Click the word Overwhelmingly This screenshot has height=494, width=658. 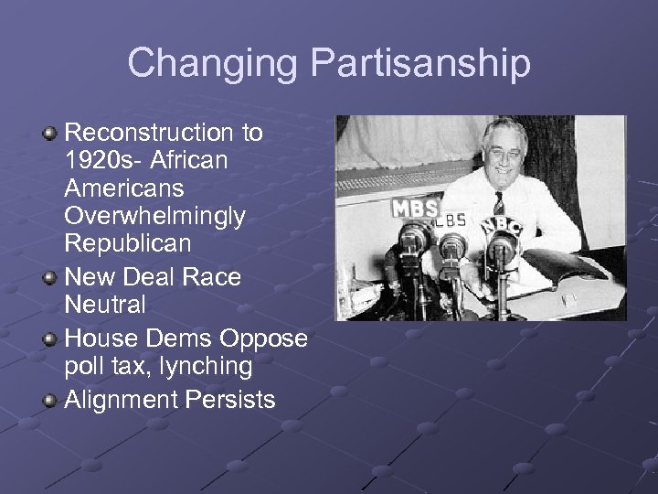click(154, 216)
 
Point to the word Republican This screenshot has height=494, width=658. click(128, 243)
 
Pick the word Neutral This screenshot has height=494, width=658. click(105, 303)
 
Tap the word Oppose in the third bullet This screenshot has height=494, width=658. click(264, 338)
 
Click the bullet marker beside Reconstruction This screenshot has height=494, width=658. click(50, 134)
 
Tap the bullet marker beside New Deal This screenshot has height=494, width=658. click(50, 277)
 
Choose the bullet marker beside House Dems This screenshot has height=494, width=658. click(50, 339)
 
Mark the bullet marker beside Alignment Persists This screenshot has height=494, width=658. click(50, 401)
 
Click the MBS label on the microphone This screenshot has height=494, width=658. click(415, 208)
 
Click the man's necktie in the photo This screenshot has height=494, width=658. click(498, 203)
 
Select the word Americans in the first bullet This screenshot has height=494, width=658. click(124, 188)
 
